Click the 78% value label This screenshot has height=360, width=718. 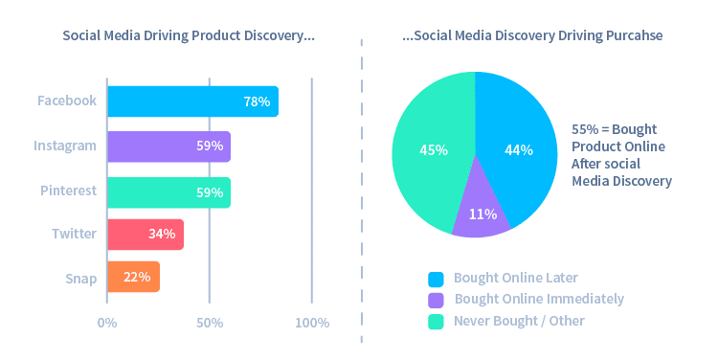point(257,101)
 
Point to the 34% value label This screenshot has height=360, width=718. point(162,234)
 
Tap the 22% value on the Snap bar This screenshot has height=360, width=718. point(137,277)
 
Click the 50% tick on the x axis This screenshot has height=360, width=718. point(210,323)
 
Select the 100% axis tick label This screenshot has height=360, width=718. point(311,323)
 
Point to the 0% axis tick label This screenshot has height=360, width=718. point(107,323)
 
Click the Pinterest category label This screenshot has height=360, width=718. point(68,191)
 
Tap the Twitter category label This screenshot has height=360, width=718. point(75,233)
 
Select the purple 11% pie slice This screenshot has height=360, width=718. point(481,215)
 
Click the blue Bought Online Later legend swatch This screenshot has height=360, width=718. point(437,279)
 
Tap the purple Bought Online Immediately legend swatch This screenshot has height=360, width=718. point(437,300)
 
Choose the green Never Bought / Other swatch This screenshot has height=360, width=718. point(437,321)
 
